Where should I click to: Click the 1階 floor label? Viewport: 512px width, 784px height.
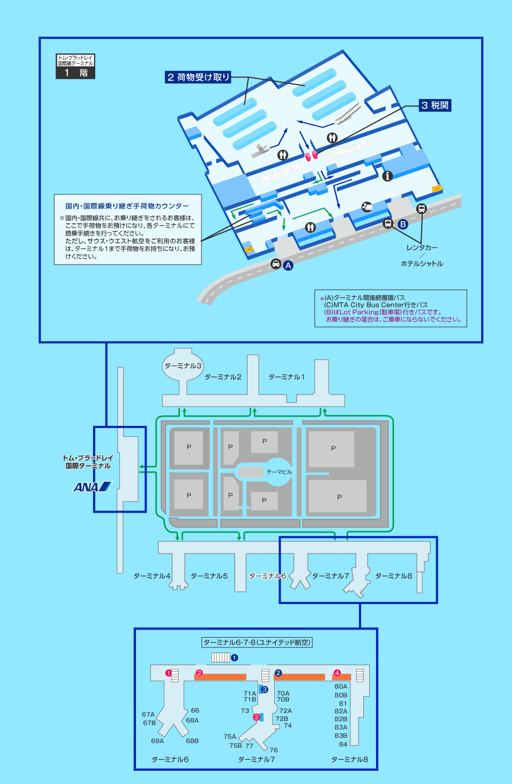coord(75,73)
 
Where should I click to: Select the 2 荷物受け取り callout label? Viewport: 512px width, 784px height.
coord(198,78)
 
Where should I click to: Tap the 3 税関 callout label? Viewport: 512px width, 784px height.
coord(435,105)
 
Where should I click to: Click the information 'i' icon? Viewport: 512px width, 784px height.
coord(388,176)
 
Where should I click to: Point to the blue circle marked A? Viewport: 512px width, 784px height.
coord(288,265)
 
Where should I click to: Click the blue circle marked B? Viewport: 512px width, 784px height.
coord(403,224)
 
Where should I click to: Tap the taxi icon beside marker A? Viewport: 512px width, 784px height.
coord(276,264)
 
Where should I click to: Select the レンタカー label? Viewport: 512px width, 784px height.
coord(422,248)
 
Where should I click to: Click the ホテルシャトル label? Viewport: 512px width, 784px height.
coord(422,264)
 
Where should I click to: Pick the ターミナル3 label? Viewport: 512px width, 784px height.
coord(183,366)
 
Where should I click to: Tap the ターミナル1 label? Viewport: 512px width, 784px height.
coord(286,377)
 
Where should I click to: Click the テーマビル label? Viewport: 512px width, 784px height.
coord(279,472)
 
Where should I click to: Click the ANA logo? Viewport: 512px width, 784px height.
coord(92,486)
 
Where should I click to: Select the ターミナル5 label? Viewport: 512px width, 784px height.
coord(209,576)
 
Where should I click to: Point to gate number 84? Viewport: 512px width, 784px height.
coord(343,744)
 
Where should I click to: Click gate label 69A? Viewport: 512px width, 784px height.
coord(157,741)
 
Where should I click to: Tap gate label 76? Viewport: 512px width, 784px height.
coord(274,750)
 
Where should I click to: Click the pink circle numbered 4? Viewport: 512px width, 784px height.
coord(337,673)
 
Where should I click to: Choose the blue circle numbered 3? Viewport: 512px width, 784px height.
coord(265,689)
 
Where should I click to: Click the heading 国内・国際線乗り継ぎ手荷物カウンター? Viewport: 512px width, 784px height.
coord(127,206)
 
